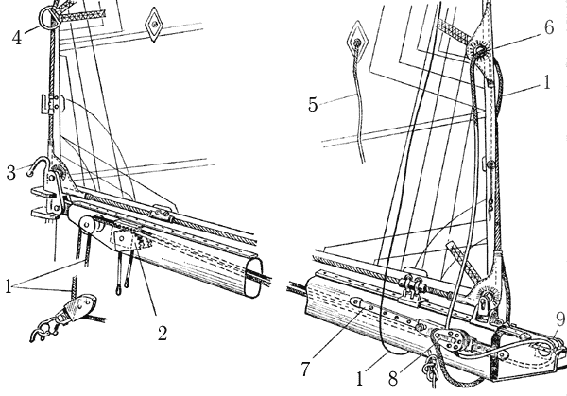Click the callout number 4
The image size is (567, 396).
click(17, 38)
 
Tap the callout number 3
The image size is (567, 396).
click(11, 173)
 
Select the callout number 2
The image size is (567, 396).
click(163, 333)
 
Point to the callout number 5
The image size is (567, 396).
click(313, 105)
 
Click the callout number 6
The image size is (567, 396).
click(549, 27)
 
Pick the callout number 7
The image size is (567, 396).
click(305, 369)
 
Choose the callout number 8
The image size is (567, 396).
click(393, 379)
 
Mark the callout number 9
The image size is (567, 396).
click(560, 319)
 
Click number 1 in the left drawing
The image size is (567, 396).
click(9, 286)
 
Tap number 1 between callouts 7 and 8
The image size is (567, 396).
click(359, 379)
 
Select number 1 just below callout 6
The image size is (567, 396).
click(547, 82)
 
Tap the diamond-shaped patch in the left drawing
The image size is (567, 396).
click(155, 25)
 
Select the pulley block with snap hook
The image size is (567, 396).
click(69, 314)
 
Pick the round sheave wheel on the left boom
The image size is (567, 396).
click(86, 225)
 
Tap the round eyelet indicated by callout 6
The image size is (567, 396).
click(480, 50)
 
